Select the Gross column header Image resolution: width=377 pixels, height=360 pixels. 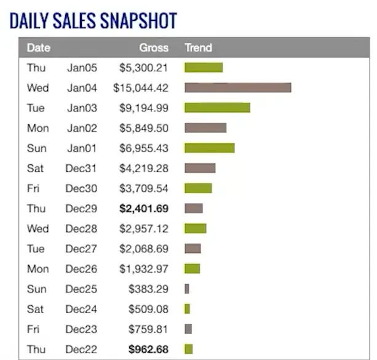coord(154,47)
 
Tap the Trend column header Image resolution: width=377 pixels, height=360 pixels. coord(198,47)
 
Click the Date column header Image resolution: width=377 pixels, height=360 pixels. coord(39,47)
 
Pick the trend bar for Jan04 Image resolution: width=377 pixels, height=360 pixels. coord(237,88)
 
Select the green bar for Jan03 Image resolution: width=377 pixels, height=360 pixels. coord(217,108)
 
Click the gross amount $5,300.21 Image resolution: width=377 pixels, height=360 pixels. coord(143,68)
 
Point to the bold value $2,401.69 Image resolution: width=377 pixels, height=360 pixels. coord(143,209)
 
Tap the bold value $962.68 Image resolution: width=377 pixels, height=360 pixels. coord(148,349)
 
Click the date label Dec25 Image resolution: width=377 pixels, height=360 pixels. coord(81,289)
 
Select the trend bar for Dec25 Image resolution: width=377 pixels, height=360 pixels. coord(187,289)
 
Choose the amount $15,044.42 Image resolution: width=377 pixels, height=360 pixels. coord(141,88)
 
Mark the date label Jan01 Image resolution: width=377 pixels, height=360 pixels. coord(82,148)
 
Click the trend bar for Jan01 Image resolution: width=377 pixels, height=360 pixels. coord(209,148)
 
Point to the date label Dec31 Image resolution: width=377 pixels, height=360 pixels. coord(81,168)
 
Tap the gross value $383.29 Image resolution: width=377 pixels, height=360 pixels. coord(148,289)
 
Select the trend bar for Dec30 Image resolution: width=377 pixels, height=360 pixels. coord(198,188)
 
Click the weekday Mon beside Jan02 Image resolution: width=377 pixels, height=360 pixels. coord(38,128)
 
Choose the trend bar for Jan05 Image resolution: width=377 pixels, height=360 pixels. coord(204,68)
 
